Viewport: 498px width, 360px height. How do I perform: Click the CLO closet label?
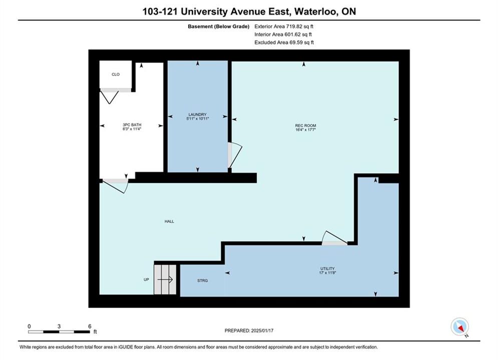[x=116, y=74]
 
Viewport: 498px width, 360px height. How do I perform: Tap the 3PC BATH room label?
[x=132, y=125]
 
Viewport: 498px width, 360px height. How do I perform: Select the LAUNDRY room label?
[x=198, y=114]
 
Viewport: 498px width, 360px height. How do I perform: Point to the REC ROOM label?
[x=305, y=125]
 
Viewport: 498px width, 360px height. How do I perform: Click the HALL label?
[x=169, y=221]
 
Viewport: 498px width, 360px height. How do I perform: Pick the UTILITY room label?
[x=327, y=268]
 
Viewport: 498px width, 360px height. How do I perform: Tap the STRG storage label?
[x=202, y=280]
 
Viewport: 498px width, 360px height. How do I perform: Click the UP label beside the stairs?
[x=146, y=279]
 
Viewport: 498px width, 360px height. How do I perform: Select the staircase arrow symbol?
[x=165, y=279]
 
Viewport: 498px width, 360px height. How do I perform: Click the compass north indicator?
[x=459, y=326]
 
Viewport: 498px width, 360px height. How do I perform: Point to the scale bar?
[x=59, y=332]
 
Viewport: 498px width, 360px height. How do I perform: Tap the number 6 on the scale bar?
[x=90, y=326]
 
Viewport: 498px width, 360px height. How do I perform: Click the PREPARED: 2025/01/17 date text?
[x=249, y=330]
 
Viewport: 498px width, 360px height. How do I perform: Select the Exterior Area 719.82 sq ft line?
[x=284, y=26]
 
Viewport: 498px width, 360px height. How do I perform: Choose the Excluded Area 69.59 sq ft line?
[x=284, y=42]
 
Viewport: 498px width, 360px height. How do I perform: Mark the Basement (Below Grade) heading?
[x=219, y=26]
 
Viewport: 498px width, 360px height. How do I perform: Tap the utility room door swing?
[x=334, y=237]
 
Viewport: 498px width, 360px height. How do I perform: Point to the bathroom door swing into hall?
[x=116, y=186]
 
